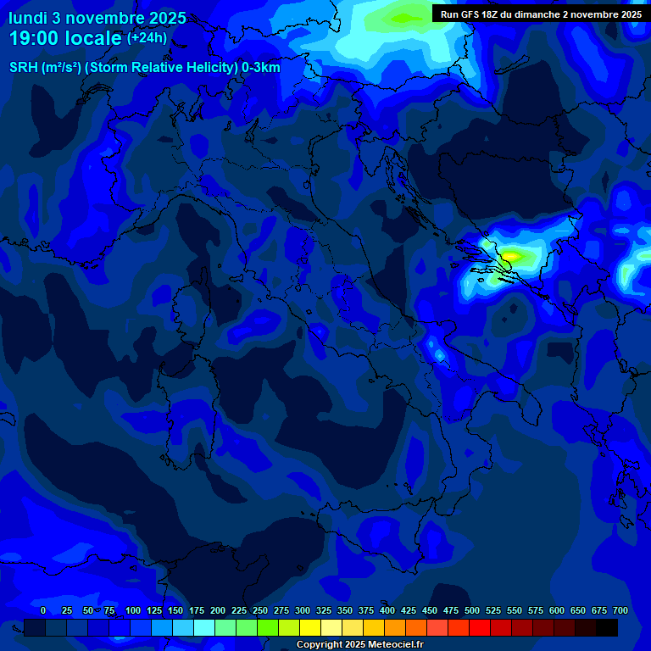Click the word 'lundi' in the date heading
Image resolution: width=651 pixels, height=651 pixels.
[x=28, y=17]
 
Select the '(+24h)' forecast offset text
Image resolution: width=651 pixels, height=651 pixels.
[x=147, y=38]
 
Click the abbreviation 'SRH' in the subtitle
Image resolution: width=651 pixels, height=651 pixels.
[x=24, y=68]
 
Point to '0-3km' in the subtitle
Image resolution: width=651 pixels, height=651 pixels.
[x=260, y=68]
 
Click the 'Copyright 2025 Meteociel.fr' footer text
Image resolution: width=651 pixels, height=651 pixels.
[x=360, y=645]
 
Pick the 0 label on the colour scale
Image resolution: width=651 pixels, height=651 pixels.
[x=43, y=610]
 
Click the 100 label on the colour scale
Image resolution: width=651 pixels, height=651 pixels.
[x=133, y=610]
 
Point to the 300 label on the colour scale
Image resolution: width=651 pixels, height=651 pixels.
[x=303, y=610]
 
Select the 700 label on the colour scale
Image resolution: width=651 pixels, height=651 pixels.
[x=620, y=610]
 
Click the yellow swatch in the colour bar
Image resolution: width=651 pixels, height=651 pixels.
[x=310, y=627]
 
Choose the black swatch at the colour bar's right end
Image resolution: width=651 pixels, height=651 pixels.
[x=607, y=627]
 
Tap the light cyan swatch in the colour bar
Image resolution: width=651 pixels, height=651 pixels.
[x=204, y=627]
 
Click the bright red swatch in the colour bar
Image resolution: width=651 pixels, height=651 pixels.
[x=480, y=627]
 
